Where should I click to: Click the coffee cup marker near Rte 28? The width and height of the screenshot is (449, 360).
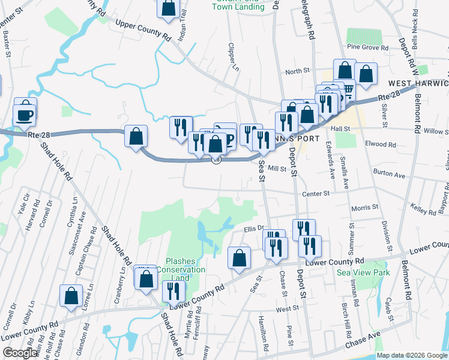25,113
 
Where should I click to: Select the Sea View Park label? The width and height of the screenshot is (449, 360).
363,272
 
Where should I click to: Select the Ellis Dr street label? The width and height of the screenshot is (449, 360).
255,228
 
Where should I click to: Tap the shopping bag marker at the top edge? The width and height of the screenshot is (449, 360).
169,7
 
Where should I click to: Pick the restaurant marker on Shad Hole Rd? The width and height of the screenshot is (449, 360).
173,292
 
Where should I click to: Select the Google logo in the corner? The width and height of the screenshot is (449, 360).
20,353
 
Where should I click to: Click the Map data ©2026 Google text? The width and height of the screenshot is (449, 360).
412,355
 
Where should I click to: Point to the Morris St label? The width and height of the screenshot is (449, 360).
364,206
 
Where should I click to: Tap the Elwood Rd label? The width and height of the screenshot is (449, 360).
384,144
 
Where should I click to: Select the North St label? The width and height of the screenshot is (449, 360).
297,71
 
